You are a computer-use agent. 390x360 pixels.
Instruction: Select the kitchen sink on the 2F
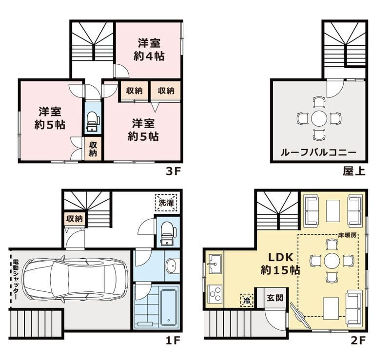(214, 266)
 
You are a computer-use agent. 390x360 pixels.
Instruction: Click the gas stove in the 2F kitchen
(214, 294)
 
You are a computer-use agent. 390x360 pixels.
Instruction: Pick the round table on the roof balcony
(319, 118)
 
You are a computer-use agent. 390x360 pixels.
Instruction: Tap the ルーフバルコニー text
(318, 152)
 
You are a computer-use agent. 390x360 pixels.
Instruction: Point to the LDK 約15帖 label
(280, 263)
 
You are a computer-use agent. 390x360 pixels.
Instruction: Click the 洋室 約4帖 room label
(149, 49)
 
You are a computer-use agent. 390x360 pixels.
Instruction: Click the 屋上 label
(354, 171)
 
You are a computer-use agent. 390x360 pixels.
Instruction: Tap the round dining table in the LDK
(332, 260)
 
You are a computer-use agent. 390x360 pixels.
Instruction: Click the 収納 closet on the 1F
(75, 219)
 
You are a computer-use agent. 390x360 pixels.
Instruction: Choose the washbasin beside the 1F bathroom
(173, 266)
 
